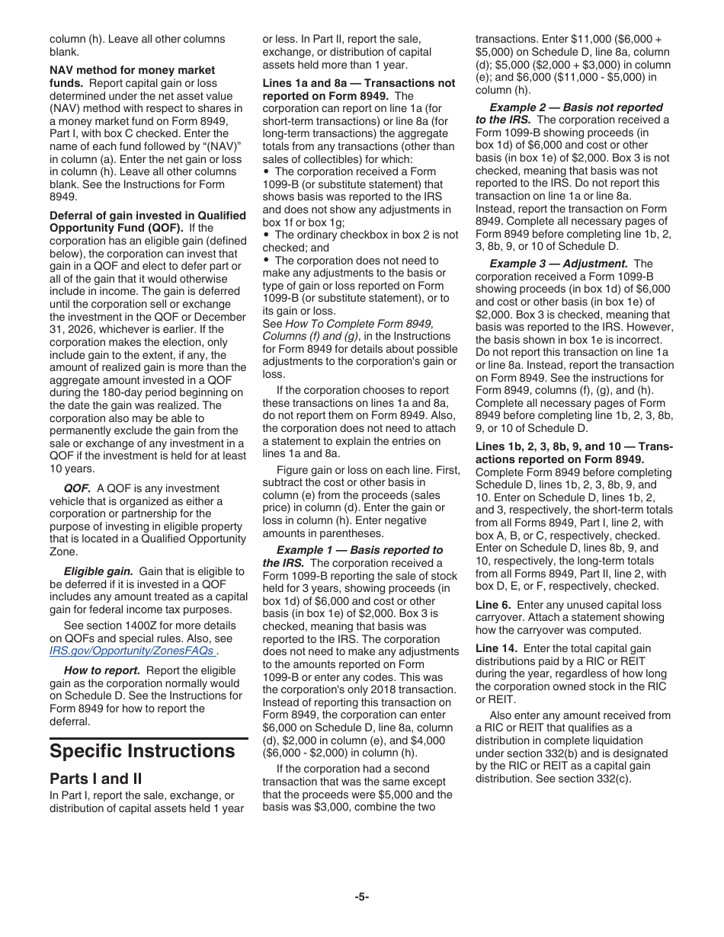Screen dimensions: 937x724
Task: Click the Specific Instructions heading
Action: [x=142, y=751]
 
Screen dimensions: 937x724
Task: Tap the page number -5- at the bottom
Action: [x=361, y=897]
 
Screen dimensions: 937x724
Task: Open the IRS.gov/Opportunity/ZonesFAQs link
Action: [x=131, y=651]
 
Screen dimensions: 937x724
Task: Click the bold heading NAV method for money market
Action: [x=132, y=70]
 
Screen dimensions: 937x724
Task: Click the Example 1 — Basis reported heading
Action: [x=359, y=550]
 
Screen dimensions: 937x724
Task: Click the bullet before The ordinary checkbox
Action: [x=266, y=235]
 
